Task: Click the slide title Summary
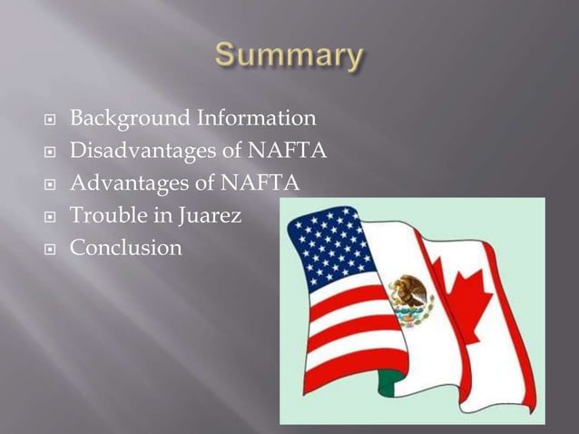tap(289, 56)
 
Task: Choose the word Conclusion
tap(126, 247)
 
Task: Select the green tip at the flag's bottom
tap(388, 385)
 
